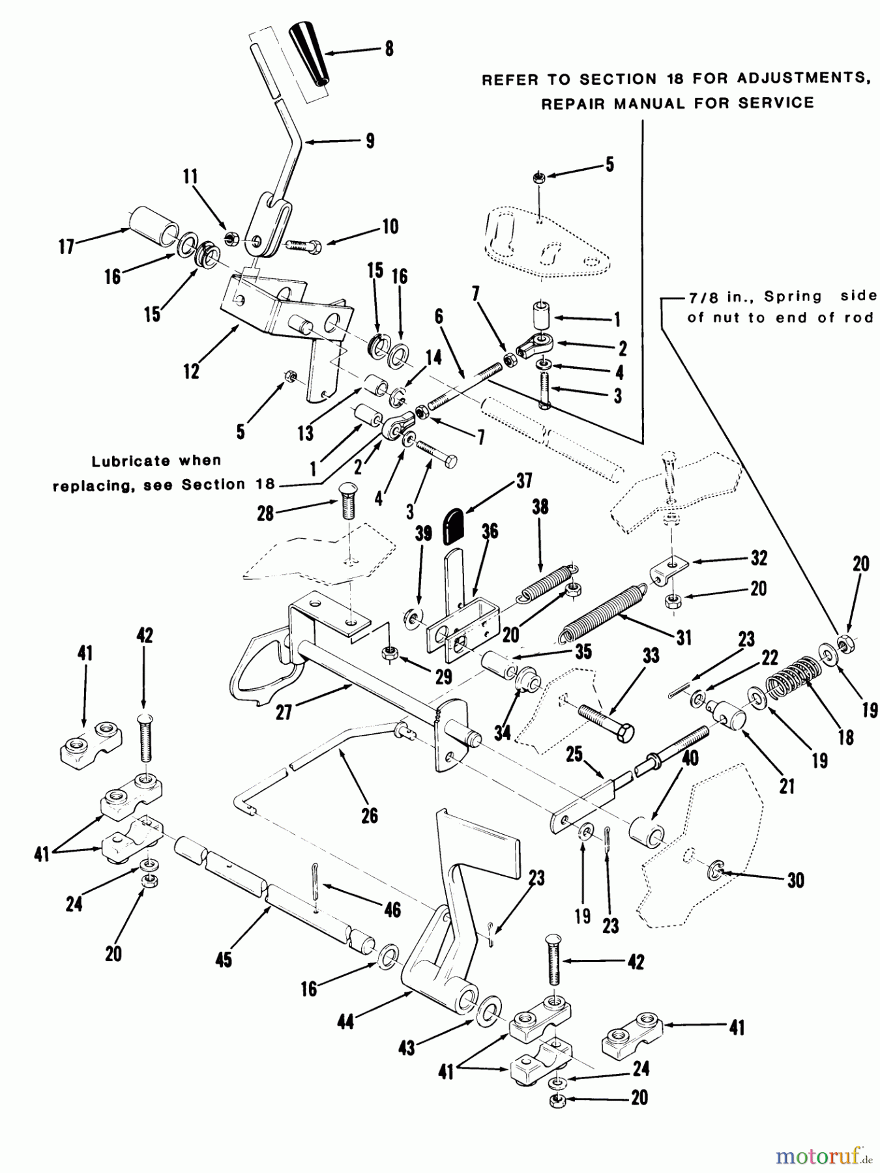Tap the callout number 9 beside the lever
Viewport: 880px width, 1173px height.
(370, 141)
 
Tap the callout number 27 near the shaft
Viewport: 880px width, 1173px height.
(284, 712)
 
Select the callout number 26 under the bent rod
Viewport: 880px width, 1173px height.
(369, 815)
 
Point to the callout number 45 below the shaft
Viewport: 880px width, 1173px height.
(224, 959)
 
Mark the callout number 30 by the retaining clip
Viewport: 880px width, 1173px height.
(795, 880)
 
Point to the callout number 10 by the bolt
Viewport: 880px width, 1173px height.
(390, 226)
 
